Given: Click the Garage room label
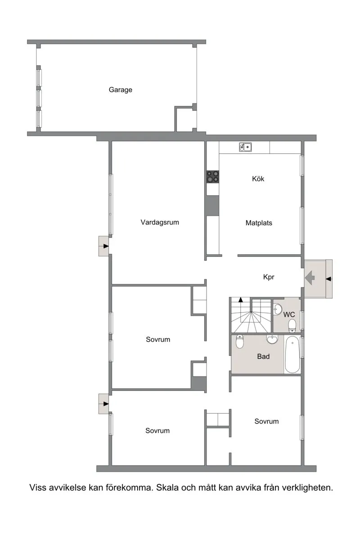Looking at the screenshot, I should tap(120, 90).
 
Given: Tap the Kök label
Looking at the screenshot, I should tap(258, 179).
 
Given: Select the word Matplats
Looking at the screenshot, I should tap(259, 223).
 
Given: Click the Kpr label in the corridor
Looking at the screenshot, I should tap(269, 277).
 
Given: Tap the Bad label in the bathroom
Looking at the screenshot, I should tap(263, 356).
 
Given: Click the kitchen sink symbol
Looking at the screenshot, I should tap(245, 147).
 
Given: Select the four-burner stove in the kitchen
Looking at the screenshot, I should tap(213, 177).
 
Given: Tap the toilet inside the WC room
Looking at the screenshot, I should tap(292, 325).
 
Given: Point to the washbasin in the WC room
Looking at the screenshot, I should tap(278, 309).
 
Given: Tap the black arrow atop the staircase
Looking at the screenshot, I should tap(241, 300).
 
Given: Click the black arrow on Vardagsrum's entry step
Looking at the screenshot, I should tap(106, 246).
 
